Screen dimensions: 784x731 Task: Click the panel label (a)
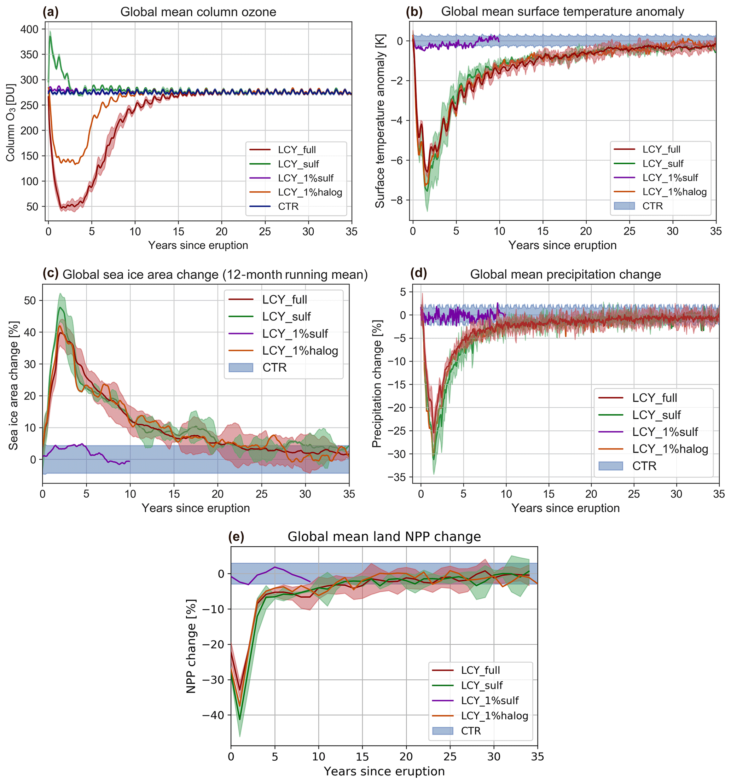coord(51,12)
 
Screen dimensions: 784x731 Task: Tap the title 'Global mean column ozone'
coord(198,12)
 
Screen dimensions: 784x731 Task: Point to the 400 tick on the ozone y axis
coord(29,29)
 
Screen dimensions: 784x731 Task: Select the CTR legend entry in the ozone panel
coord(288,207)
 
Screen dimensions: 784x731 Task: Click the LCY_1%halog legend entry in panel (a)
coord(310,192)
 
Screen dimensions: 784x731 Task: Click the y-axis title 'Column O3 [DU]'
coord(11,122)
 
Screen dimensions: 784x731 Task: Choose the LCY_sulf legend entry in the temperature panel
coord(663,164)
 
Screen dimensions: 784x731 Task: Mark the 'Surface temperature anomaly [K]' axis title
coord(379,121)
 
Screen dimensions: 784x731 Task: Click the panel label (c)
coord(51,273)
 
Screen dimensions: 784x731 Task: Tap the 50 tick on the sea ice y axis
coord(30,301)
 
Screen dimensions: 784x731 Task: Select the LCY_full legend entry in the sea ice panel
coord(284,300)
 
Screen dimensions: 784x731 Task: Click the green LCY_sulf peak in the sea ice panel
coord(60,307)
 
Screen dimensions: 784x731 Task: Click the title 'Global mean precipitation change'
coord(565,274)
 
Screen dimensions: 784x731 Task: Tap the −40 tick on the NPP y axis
coord(213,715)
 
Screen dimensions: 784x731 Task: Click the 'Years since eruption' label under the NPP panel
coord(384,771)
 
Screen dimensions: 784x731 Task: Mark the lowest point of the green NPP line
coord(239,719)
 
